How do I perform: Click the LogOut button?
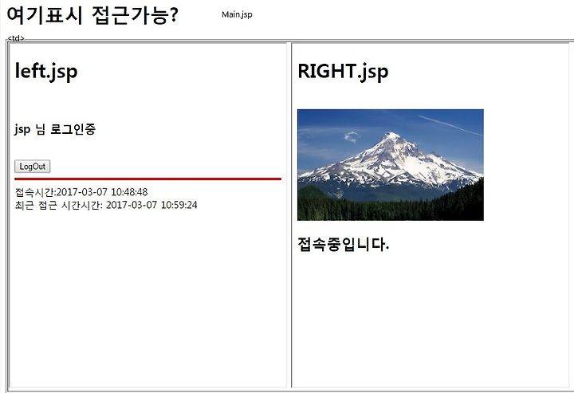[32, 167]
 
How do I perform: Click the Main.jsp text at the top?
[237, 14]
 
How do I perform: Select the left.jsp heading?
[46, 72]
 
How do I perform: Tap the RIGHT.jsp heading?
[343, 72]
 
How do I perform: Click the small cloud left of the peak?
[352, 137]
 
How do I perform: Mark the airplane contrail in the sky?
[450, 125]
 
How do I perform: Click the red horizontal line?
[148, 179]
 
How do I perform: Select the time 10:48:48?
[129, 192]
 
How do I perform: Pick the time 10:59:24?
[179, 205]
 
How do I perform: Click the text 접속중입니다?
[343, 244]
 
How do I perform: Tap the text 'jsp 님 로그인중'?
[55, 129]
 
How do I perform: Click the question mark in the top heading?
[174, 15]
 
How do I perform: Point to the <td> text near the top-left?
[16, 38]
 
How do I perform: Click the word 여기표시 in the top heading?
[45, 16]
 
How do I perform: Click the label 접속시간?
[35, 192]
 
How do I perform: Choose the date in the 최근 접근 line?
[132, 205]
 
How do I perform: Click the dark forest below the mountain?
[390, 209]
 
